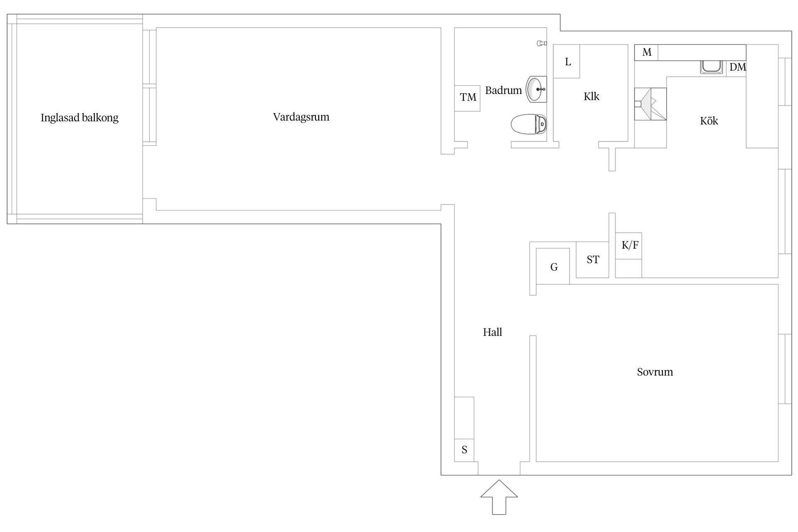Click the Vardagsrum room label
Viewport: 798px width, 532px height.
[301, 117]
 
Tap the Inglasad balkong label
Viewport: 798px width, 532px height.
[79, 118]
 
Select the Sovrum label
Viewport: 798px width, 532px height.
[655, 372]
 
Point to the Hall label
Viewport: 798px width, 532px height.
[492, 332]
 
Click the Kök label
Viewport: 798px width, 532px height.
[709, 121]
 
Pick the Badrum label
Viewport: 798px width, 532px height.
[503, 90]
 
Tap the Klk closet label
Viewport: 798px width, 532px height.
[591, 96]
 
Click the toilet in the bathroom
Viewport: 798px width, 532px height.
[529, 124]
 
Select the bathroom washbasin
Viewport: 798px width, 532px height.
[537, 89]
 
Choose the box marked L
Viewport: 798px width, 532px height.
[566, 62]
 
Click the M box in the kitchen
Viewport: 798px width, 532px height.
[646, 52]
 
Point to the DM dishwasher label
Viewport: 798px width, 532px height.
[737, 67]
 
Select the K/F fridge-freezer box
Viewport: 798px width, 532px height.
[628, 246]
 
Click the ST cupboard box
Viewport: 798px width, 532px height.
[592, 260]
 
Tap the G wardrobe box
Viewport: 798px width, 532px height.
[553, 266]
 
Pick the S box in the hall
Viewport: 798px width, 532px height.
[464, 450]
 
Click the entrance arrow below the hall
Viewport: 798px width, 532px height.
[499, 497]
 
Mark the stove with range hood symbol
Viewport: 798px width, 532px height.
[650, 104]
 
